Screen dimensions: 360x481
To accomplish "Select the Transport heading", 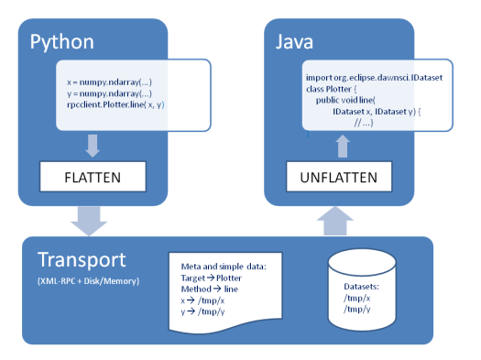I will coord(83,259).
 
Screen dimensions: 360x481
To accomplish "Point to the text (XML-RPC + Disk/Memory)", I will coord(88,279).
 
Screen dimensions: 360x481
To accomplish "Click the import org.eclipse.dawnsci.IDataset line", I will coord(374,78).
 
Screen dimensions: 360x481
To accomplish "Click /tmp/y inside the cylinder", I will coord(358,309).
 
